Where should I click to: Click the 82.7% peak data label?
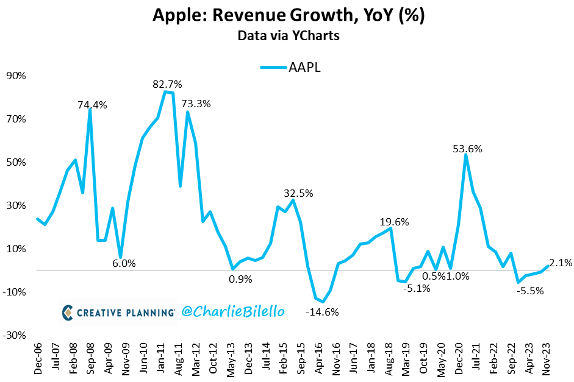point(167,84)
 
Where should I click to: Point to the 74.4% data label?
point(92,105)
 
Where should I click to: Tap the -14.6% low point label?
point(322,313)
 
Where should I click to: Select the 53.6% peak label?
point(468,148)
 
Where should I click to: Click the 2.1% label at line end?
point(561,263)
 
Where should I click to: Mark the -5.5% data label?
point(531,291)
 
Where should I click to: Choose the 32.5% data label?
point(298,193)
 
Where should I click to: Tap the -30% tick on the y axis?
point(13,335)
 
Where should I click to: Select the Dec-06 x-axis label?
point(38,359)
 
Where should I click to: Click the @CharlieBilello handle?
point(232,311)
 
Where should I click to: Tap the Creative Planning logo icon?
point(68,313)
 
